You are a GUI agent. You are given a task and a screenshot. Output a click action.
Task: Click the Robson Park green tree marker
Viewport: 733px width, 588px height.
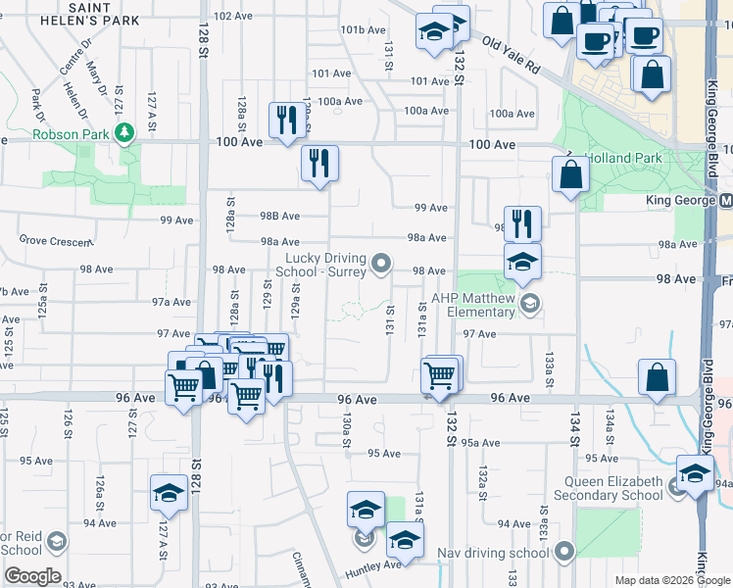tap(124, 132)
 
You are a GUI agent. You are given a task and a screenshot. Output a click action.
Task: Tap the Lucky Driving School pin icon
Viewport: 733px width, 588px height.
tap(382, 262)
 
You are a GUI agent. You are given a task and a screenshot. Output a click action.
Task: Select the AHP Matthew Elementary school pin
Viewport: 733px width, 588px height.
tap(530, 303)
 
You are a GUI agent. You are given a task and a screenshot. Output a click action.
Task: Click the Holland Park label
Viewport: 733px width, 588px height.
tap(623, 158)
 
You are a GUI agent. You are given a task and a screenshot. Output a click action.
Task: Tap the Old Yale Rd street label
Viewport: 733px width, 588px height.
tap(511, 55)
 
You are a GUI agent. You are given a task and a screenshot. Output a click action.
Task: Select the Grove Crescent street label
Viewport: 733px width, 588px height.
tap(55, 239)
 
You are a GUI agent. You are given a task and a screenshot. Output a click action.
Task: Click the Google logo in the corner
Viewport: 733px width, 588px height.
tap(31, 576)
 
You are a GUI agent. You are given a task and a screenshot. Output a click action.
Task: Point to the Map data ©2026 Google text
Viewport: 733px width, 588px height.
tap(671, 580)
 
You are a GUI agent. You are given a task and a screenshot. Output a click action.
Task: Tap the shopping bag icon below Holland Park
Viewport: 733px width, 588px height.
tap(570, 175)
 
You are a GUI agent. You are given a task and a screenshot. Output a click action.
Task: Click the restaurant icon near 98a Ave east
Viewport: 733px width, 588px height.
tap(522, 224)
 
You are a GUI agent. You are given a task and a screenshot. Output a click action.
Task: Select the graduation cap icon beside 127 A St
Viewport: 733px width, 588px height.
tap(169, 493)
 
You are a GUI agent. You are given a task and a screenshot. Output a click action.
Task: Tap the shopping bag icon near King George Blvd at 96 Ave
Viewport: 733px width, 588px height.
tap(657, 376)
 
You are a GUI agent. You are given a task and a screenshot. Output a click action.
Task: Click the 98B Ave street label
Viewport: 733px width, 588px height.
tap(279, 216)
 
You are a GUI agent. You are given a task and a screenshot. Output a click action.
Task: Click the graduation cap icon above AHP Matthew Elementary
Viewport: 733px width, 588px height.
tap(522, 262)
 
